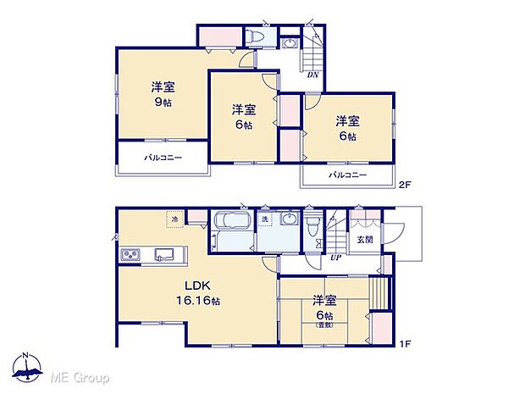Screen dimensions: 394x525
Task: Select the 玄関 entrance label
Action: (x=362, y=240)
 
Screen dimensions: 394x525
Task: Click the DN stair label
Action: (x=312, y=75)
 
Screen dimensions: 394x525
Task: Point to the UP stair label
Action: (x=336, y=257)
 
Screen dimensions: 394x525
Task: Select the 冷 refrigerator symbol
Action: (x=175, y=220)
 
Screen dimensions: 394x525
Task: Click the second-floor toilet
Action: (x=255, y=36)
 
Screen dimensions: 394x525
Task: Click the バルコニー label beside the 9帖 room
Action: (x=163, y=158)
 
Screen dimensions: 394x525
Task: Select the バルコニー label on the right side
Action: (x=348, y=175)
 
